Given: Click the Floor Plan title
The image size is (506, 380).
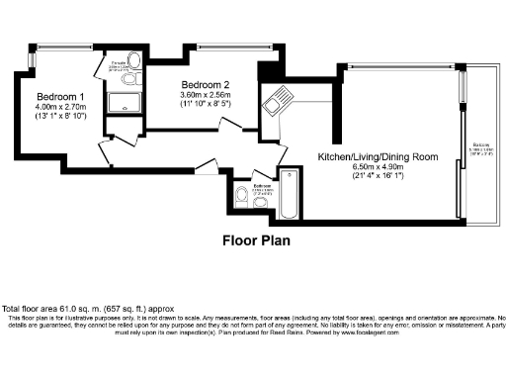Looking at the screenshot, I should coord(255,239).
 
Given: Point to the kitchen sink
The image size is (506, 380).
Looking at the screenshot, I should coord(278,100).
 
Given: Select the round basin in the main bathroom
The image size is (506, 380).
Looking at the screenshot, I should coord(260,203).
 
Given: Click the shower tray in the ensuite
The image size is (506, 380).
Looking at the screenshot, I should coord(126,100).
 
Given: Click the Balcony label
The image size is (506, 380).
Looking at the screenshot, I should coord(476,145).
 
